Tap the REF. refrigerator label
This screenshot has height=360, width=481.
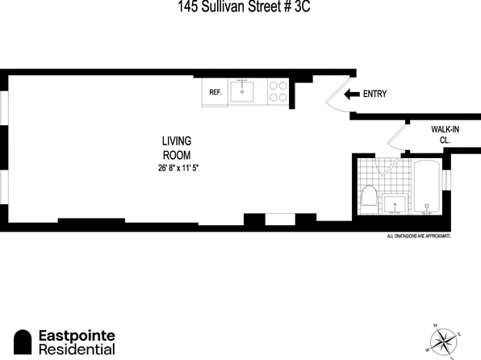coord(215,93)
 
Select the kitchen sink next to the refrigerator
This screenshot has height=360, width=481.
coord(242,92)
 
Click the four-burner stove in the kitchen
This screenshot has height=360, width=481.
coord(277,91)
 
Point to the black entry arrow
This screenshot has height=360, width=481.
coord(352,94)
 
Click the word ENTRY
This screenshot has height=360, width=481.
coord(375,94)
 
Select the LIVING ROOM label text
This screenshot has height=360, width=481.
coord(177,147)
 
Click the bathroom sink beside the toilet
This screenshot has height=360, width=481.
coord(395,203)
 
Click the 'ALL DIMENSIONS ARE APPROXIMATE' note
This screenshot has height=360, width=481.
coord(418,237)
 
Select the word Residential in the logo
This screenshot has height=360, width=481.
coord(77,350)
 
